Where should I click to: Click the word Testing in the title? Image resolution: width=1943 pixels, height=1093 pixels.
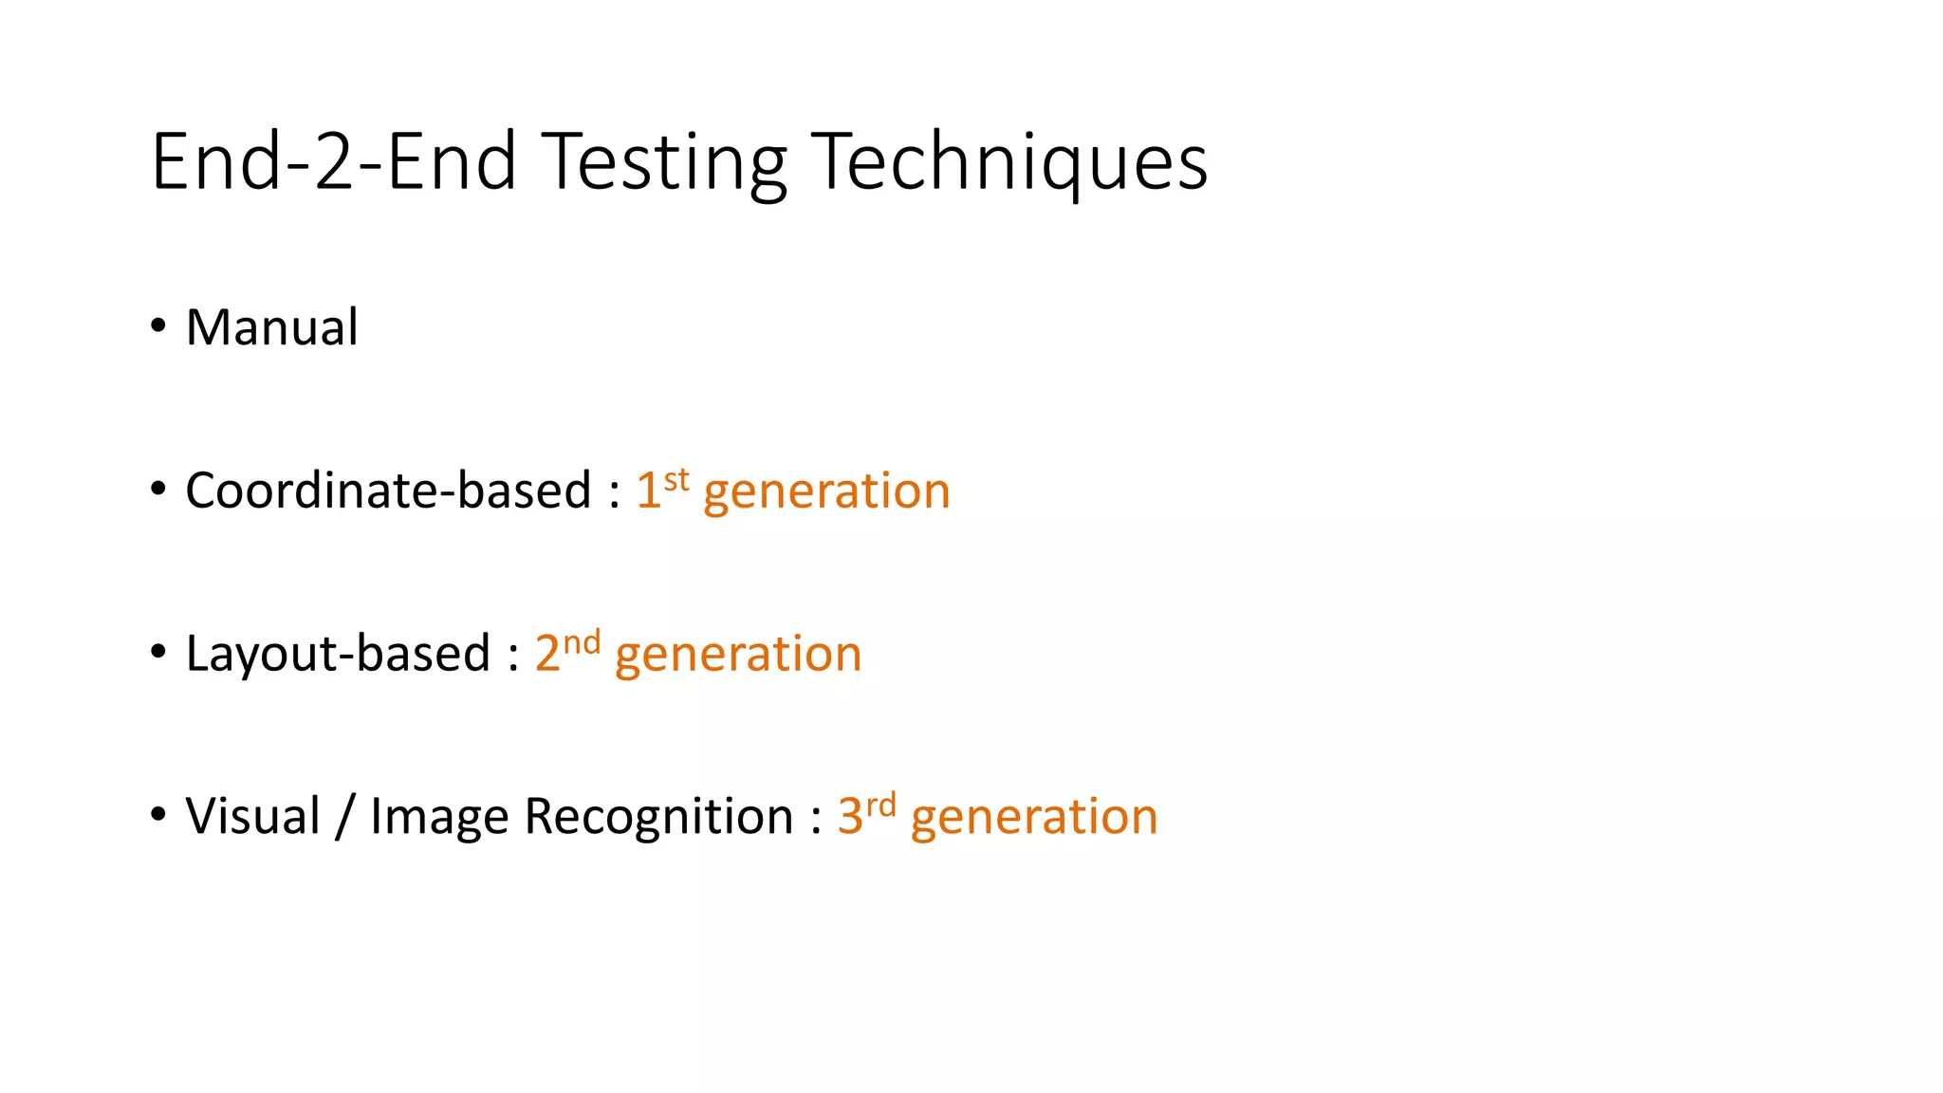pos(666,162)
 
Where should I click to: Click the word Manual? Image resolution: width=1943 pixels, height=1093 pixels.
pos(272,328)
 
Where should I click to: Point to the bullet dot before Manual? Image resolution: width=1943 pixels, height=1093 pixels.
pos(158,325)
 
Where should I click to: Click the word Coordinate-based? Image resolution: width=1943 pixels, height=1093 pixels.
pos(388,491)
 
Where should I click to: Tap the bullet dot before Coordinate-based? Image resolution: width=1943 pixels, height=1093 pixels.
pos(158,489)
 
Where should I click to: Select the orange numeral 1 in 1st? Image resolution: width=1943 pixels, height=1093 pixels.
pos(648,491)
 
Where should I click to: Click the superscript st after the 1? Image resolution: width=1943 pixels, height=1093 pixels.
pos(676,479)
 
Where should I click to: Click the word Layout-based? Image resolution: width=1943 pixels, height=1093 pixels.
pos(338,654)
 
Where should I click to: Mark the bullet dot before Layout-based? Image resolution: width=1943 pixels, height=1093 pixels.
pos(158,652)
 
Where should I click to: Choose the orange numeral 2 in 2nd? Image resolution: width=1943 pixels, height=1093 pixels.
pos(547,654)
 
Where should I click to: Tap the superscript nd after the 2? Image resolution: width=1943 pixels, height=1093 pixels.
pos(582,642)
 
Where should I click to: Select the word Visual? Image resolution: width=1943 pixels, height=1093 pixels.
pos(253,816)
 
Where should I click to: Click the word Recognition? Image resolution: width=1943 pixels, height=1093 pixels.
pos(658,818)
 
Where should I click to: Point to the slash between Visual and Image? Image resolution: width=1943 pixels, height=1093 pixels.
pos(345,816)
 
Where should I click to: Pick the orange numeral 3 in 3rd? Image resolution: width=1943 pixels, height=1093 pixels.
pos(850,816)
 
